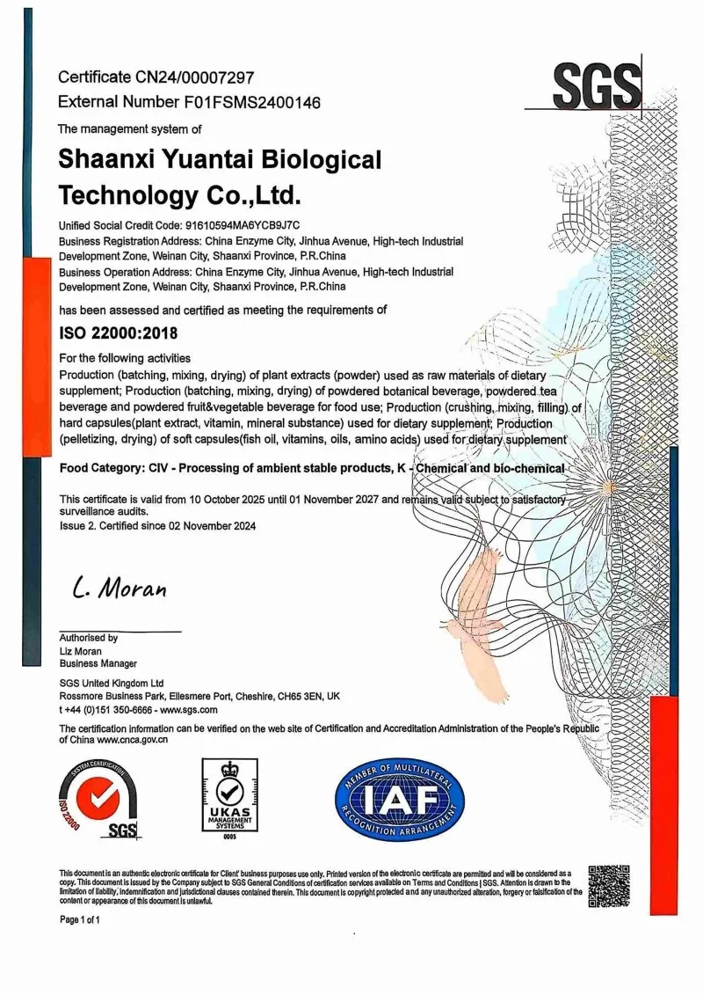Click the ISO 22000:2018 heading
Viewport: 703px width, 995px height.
[x=118, y=334]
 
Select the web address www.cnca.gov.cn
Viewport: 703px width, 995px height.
[x=133, y=740]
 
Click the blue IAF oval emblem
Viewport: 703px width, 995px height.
[x=399, y=799]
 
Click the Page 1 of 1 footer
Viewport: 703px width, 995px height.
[x=80, y=919]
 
